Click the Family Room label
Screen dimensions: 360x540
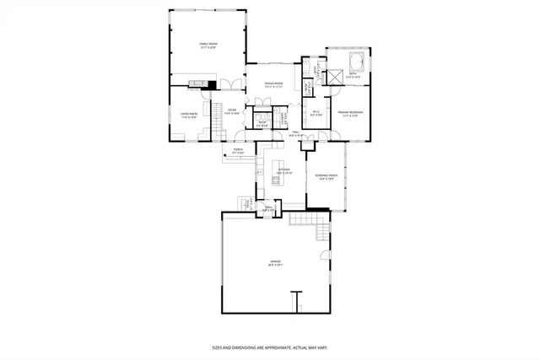pos(208,46)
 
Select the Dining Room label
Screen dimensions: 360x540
pos(273,85)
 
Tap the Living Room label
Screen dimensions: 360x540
pos(188,116)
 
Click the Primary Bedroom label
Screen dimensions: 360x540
pos(350,114)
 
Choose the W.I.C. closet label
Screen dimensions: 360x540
pos(315,114)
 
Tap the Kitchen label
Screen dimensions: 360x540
pos(284,171)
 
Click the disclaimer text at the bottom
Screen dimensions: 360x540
pos(269,347)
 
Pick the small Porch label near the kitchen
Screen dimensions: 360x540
pos(239,152)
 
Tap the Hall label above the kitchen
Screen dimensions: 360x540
pos(297,133)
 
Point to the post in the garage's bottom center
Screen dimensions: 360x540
pos(296,301)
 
